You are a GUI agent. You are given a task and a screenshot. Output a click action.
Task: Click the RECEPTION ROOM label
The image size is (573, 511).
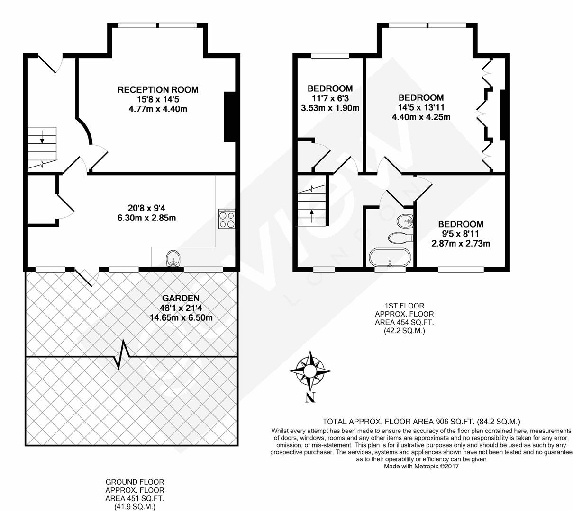coord(158,90)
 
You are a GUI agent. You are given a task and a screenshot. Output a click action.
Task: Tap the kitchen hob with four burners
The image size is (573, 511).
coord(227,218)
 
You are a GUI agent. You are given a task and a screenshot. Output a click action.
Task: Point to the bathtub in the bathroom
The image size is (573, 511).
coord(390,257)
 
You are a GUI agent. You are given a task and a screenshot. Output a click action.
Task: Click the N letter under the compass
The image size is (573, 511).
coord(310,397)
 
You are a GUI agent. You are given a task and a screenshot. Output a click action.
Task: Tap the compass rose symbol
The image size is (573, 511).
coord(310,370)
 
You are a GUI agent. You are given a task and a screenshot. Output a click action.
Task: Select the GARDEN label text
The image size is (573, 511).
coord(181,298)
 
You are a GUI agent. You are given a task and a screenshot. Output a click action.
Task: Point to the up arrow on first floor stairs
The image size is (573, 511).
coord(312,216)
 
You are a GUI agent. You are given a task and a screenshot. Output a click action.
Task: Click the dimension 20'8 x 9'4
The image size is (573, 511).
coord(146,208)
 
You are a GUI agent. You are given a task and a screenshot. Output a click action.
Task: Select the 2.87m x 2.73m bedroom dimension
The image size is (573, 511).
coord(460,243)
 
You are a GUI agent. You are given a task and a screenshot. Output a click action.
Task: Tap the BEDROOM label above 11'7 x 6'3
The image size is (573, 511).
coord(330,88)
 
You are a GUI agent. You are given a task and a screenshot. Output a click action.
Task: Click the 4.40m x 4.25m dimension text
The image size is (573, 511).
coord(421,117)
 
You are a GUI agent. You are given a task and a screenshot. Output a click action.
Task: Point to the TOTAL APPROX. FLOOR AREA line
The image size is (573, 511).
coord(421,422)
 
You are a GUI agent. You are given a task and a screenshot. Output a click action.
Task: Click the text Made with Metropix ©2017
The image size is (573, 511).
coord(421,466)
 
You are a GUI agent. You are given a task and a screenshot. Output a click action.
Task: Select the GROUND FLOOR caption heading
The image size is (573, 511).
coord(135,482)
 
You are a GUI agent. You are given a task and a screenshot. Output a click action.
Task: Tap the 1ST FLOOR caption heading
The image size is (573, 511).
coord(404,306)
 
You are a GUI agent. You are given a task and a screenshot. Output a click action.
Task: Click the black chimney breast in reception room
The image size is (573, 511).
coord(229,117)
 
